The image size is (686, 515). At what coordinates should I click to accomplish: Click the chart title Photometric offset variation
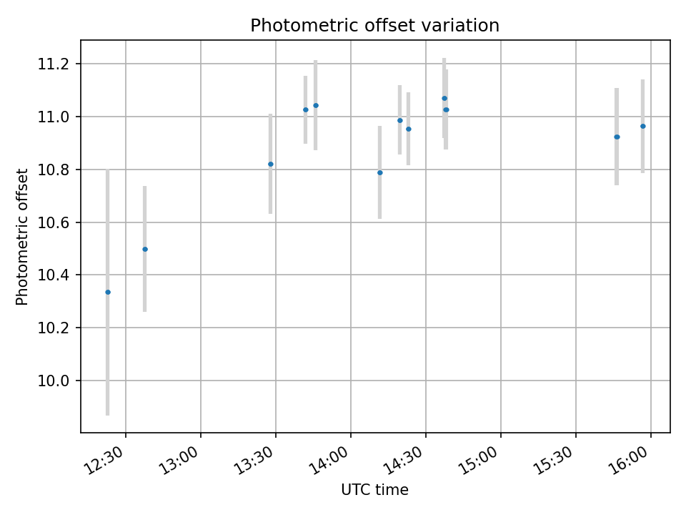click(374, 26)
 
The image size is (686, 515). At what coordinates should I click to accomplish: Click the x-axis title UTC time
click(374, 490)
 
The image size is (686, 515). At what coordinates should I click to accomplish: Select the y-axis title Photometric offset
click(22, 237)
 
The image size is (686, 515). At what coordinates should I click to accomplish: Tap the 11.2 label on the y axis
click(59, 64)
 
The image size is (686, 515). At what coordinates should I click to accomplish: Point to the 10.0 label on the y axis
click(59, 381)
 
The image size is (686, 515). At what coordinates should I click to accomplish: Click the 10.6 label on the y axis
click(59, 222)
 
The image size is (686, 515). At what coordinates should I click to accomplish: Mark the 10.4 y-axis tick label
click(59, 275)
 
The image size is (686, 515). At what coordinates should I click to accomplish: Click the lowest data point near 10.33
click(108, 292)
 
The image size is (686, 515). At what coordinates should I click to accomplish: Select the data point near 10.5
click(145, 249)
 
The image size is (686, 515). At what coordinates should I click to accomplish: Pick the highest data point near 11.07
click(444, 98)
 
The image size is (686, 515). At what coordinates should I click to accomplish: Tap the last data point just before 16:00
click(643, 126)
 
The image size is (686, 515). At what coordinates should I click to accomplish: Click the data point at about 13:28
click(271, 164)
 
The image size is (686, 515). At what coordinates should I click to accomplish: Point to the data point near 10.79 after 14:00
click(380, 172)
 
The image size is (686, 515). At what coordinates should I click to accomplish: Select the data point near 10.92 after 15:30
click(617, 137)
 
